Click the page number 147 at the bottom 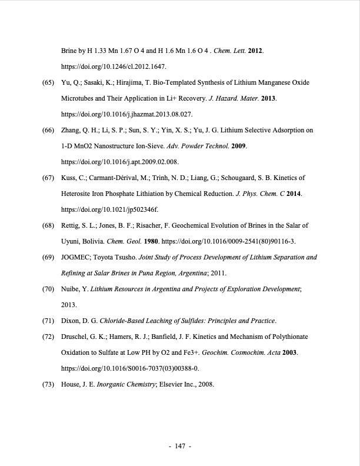[x=181, y=446]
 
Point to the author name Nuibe [x=71, y=289]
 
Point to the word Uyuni [x=72, y=241]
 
